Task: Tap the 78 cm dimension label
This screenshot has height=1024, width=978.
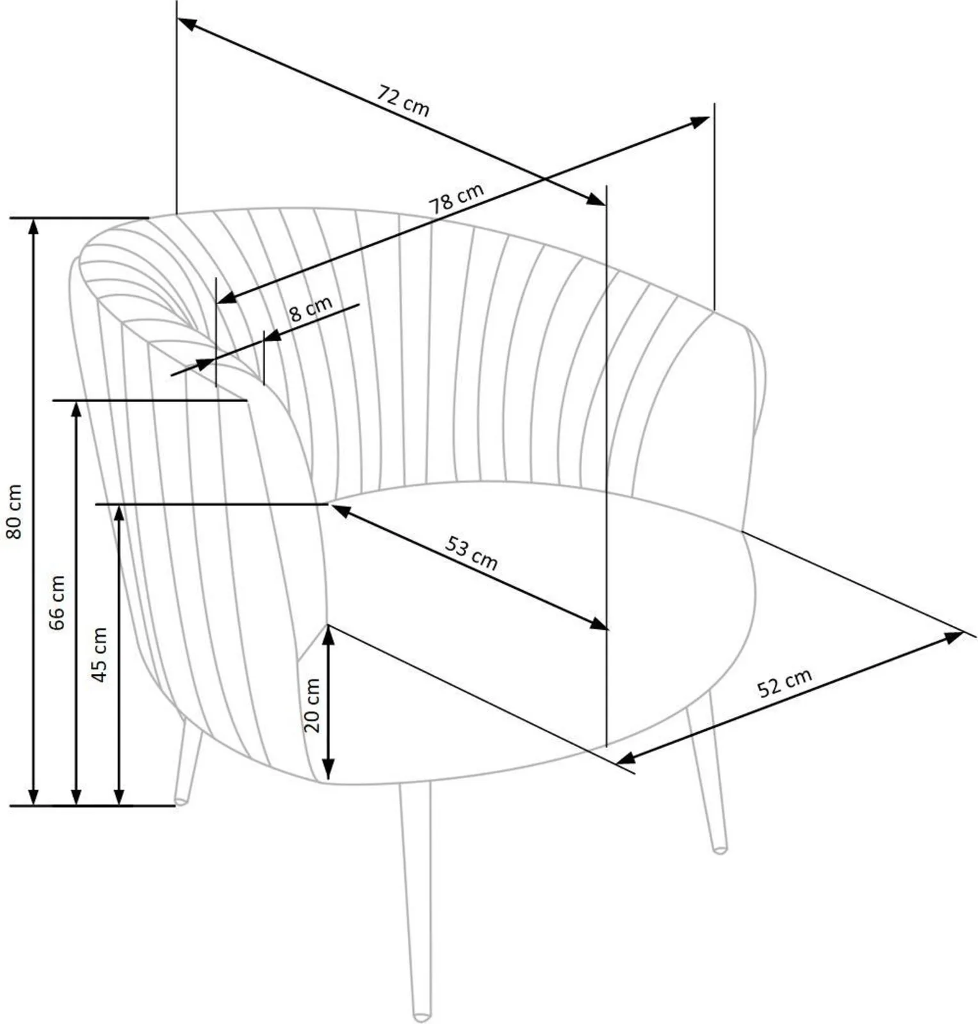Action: point(456,198)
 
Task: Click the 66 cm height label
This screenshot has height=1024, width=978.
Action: point(57,602)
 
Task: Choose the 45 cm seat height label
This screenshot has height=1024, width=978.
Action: point(99,654)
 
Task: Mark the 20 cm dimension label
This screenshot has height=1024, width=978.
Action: point(312,705)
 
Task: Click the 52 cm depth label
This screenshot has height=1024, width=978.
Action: point(785,682)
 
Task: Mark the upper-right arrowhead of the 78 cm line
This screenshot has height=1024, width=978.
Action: point(700,122)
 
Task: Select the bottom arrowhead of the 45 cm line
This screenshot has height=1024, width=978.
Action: point(119,796)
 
